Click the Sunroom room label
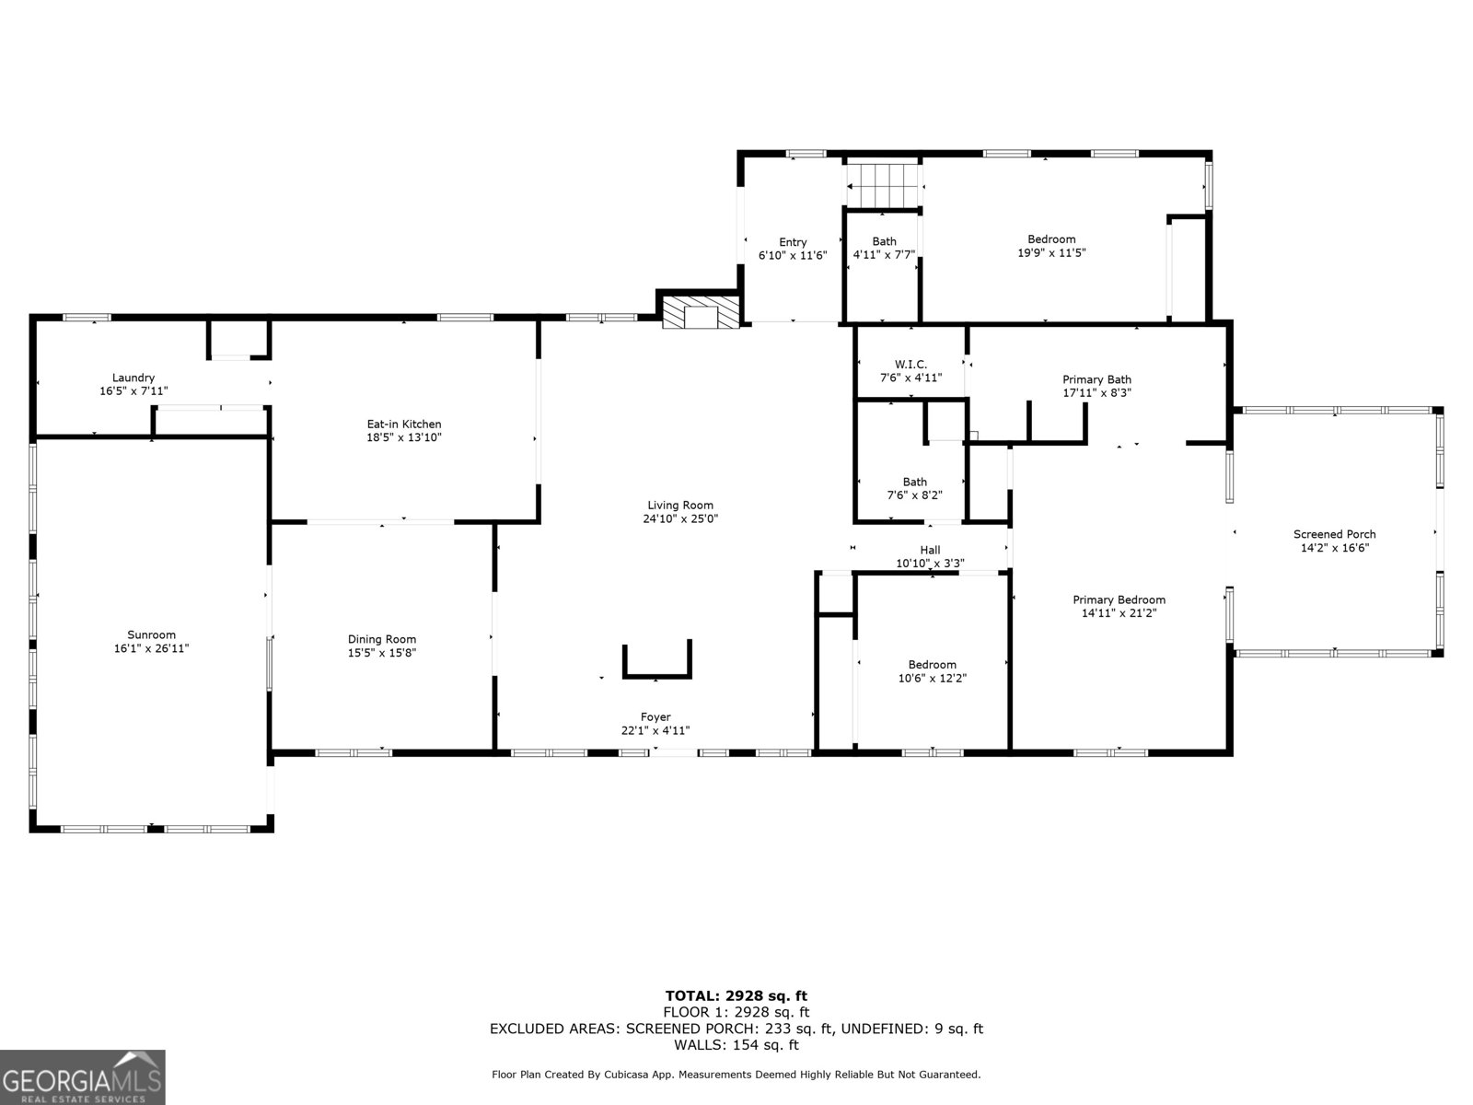click(151, 634)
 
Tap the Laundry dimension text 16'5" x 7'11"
click(133, 391)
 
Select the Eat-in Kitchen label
click(404, 425)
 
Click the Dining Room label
click(381, 639)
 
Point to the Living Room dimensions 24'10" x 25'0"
click(679, 518)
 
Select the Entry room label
click(793, 242)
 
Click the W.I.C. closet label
click(910, 365)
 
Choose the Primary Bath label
click(1096, 379)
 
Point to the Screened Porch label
click(1334, 534)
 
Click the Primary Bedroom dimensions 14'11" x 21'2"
click(1119, 612)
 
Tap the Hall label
click(930, 550)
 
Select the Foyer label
click(655, 716)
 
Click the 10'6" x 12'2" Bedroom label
click(932, 665)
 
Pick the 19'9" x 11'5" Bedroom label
click(1051, 239)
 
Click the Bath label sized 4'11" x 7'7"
click(884, 242)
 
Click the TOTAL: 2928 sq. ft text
click(736, 995)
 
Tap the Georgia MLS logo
click(82, 1077)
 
